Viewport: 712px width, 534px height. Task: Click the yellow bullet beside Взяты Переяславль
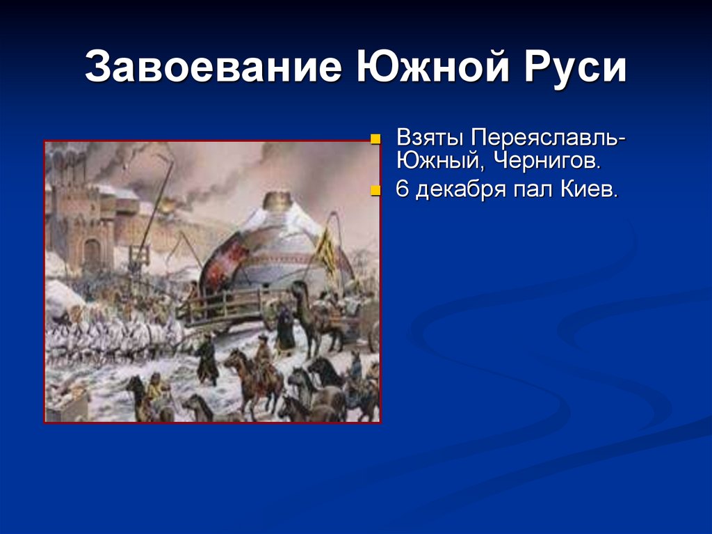coord(376,138)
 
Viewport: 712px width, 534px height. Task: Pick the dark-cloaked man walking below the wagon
coord(207,359)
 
